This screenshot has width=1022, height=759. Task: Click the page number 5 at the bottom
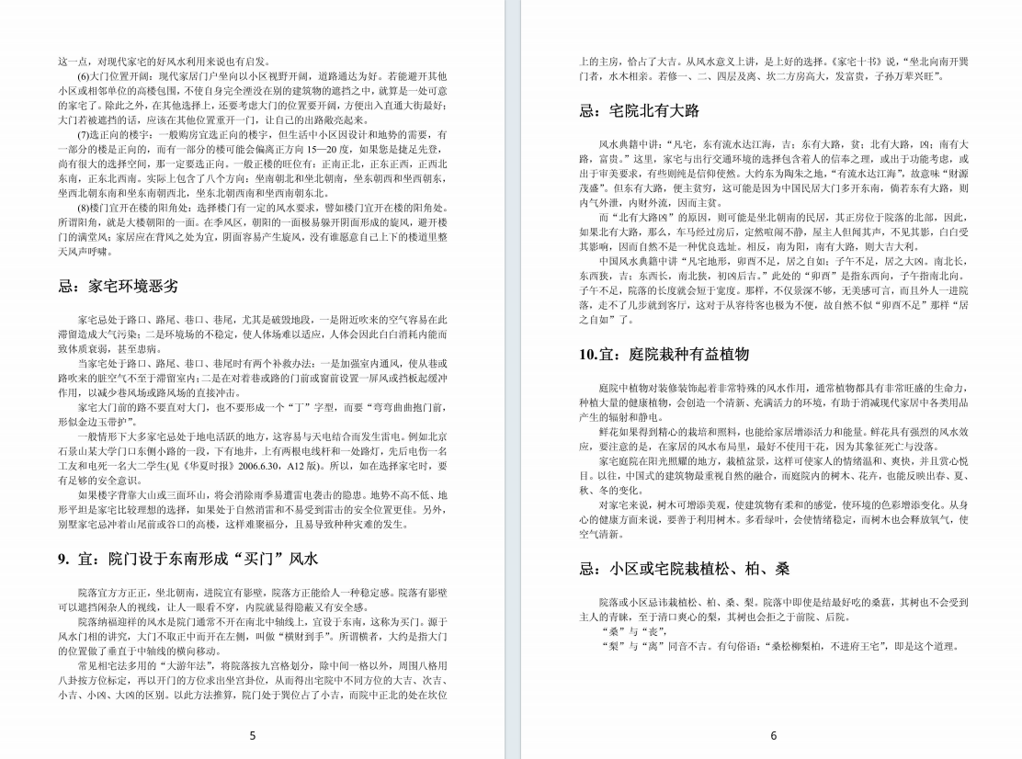tap(253, 734)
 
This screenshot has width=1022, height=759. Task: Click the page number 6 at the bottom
tap(773, 734)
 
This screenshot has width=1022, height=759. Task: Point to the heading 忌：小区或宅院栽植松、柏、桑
tap(685, 569)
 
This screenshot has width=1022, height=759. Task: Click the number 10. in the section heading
tap(589, 354)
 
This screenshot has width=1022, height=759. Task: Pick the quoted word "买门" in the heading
tap(263, 558)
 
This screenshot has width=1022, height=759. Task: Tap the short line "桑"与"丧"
tap(619, 632)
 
